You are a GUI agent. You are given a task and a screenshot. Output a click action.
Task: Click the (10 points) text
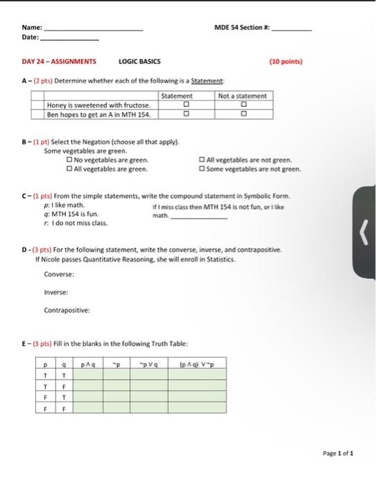coord(286,61)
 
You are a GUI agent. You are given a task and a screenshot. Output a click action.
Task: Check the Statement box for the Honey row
coord(185,106)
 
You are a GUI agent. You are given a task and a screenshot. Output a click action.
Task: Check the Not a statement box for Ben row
coord(243,114)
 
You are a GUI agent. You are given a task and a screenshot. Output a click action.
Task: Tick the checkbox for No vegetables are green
coord(69,160)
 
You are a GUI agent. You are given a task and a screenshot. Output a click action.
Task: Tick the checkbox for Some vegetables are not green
coord(202,168)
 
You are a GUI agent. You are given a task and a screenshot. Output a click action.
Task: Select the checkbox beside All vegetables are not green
coord(202,160)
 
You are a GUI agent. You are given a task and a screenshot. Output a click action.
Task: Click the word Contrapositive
coord(67,310)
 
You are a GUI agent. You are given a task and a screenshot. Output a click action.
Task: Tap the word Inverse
coord(55,292)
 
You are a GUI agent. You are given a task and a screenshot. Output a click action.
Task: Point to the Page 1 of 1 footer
coord(338,453)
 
